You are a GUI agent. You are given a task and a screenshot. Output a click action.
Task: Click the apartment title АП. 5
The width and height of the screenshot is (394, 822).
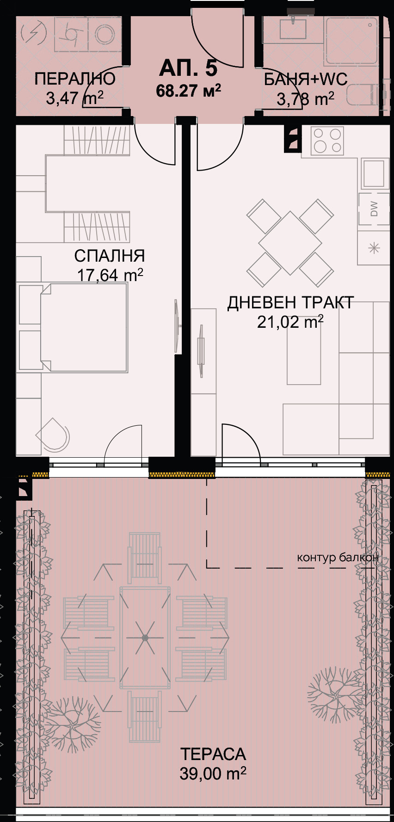click(188, 68)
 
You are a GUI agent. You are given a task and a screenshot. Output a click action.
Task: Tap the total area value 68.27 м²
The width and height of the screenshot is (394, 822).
click(188, 91)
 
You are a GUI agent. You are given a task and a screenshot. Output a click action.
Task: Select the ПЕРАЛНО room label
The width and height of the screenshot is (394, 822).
click(75, 79)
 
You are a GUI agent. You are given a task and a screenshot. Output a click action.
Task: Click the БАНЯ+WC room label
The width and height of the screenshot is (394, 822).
click(306, 80)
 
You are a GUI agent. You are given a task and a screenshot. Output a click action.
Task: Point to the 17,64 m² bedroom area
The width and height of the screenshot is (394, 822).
click(110, 275)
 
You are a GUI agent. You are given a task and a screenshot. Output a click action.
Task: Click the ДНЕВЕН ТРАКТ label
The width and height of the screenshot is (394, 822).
click(290, 303)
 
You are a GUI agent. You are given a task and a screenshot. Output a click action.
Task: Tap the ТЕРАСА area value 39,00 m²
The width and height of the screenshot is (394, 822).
click(213, 773)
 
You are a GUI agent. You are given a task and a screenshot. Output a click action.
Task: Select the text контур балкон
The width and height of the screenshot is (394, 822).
click(338, 557)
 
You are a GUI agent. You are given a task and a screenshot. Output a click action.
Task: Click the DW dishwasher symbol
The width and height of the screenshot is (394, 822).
click(374, 209)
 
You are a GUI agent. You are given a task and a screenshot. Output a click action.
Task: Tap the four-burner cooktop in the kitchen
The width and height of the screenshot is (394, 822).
click(327, 141)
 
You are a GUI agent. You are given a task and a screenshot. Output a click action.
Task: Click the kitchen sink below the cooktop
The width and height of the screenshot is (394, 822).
click(373, 173)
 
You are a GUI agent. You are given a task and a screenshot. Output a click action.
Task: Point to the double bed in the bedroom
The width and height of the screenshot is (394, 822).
click(83, 327)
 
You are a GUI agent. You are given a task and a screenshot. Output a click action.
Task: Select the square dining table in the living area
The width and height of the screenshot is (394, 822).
click(290, 243)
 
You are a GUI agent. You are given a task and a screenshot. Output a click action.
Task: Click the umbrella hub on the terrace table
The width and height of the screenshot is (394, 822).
click(145, 638)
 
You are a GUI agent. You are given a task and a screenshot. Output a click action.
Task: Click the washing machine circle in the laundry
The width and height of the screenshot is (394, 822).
click(105, 34)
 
